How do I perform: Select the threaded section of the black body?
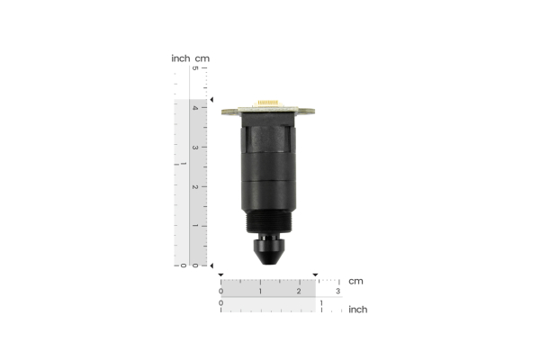tap(269, 221)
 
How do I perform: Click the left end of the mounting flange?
tap(226, 112)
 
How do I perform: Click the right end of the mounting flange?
tap(313, 112)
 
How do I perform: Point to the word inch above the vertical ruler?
tap(181, 58)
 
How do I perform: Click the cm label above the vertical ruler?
tap(202, 58)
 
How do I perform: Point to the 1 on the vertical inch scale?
tap(183, 165)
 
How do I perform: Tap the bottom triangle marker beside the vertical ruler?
tap(212, 265)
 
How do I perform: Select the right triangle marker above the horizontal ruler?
tap(315, 274)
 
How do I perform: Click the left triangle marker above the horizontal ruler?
tap(220, 274)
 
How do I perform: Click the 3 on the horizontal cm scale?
tap(338, 292)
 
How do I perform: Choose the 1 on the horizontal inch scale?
tap(321, 303)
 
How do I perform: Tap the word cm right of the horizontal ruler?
tap(356, 281)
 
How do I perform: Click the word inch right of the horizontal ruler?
tap(357, 310)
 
